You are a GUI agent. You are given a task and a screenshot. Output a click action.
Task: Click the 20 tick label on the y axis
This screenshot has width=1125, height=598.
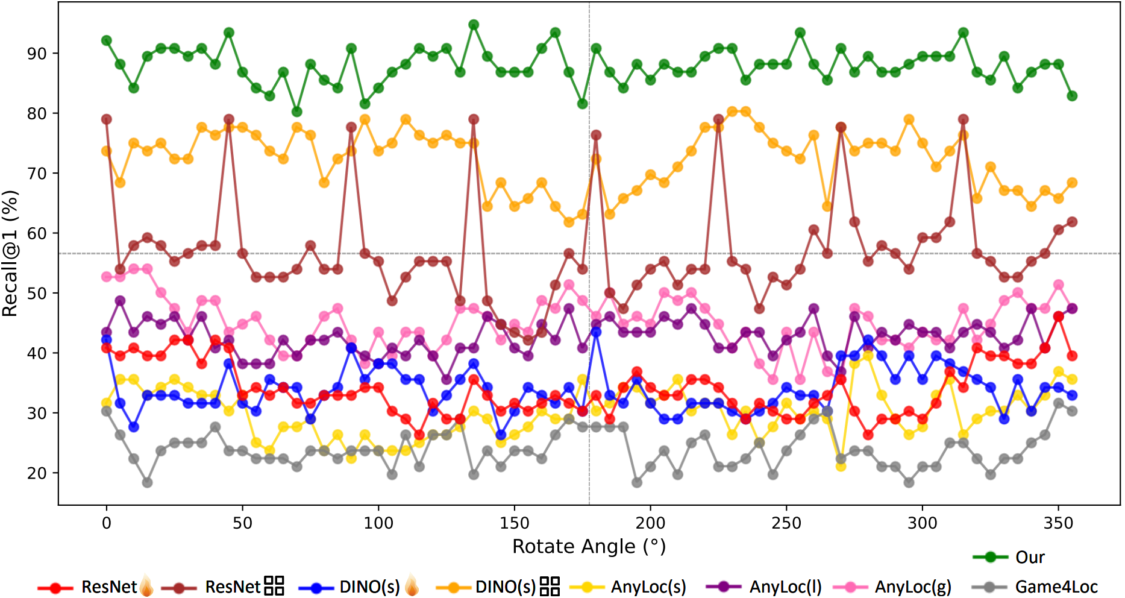pyautogui.click(x=37, y=473)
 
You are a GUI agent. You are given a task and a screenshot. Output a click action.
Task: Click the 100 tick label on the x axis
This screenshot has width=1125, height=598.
pyautogui.click(x=378, y=523)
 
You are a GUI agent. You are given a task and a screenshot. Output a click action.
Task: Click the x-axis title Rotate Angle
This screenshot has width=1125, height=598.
pyautogui.click(x=589, y=547)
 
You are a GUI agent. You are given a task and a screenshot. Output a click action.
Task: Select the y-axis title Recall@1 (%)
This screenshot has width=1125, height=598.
pyautogui.click(x=10, y=253)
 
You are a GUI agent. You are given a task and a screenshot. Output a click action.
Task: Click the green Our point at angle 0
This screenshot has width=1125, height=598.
pyautogui.click(x=107, y=40)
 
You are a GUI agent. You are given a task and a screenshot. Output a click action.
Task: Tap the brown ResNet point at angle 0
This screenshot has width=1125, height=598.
pyautogui.click(x=107, y=119)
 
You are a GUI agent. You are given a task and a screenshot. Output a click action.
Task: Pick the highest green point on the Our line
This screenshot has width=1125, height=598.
pyautogui.click(x=474, y=25)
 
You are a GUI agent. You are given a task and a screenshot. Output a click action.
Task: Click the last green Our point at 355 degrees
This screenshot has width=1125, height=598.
pyautogui.click(x=1072, y=96)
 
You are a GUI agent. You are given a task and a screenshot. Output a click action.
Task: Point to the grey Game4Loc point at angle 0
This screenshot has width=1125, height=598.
pyautogui.click(x=107, y=411)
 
